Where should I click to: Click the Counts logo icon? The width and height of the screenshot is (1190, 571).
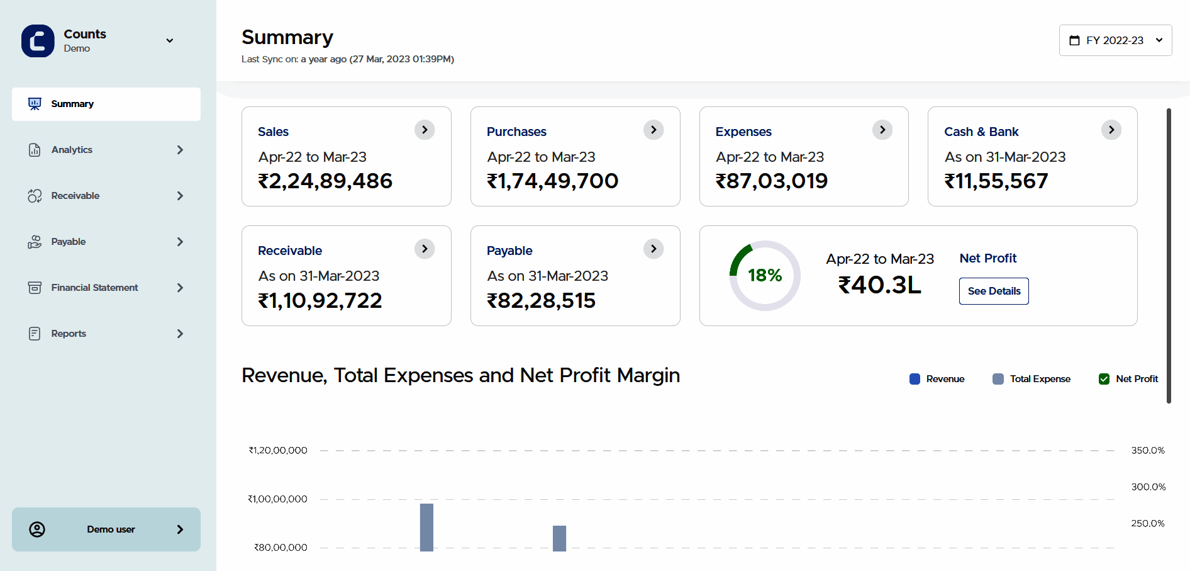tap(38, 41)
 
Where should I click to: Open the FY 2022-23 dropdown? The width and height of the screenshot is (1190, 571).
tap(1115, 40)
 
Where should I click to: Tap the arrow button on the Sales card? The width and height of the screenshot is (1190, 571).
tap(425, 130)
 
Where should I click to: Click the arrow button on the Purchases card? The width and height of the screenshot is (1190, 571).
tap(653, 130)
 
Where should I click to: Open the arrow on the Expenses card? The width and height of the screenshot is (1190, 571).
tap(882, 130)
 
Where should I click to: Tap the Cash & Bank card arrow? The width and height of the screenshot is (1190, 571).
tap(1111, 130)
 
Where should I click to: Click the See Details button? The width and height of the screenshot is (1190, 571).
tap(994, 291)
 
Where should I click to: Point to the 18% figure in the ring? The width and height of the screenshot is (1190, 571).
tap(765, 275)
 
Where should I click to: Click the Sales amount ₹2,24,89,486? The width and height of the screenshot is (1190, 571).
tap(325, 181)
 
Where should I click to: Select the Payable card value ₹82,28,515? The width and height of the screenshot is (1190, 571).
tap(541, 301)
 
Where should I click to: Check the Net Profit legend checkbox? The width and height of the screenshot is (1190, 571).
tap(1104, 379)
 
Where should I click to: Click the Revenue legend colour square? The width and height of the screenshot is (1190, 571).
tap(915, 379)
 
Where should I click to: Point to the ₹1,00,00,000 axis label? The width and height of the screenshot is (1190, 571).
tap(277, 499)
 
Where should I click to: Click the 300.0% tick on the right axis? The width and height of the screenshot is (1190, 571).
tap(1148, 487)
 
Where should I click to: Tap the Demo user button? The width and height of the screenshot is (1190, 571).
tap(106, 529)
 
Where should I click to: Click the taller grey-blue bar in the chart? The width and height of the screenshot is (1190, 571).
tap(426, 527)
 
